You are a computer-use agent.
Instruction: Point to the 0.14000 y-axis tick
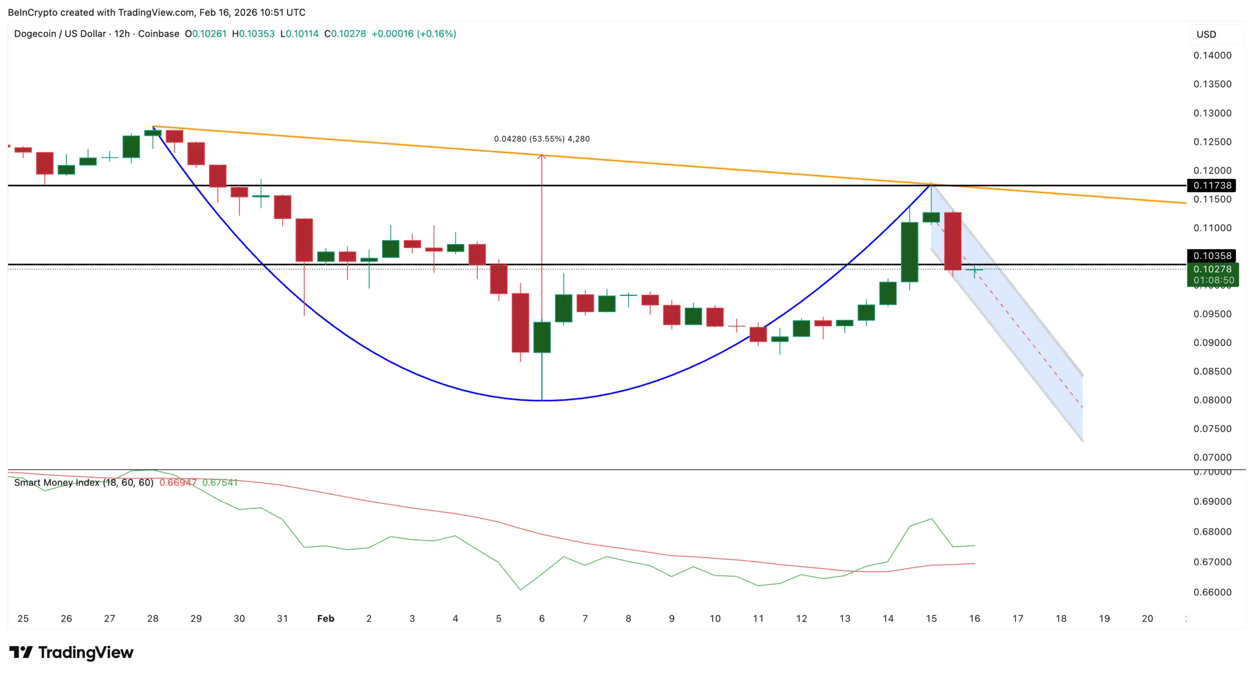1212,55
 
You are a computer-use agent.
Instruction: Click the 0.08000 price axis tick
1212,400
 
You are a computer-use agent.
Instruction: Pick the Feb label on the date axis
325,618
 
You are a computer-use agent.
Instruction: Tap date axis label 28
153,618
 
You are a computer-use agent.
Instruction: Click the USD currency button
1206,34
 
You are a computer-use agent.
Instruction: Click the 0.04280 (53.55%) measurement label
541,139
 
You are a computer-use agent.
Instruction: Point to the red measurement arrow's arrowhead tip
541,155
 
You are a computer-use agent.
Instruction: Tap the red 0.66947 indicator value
178,483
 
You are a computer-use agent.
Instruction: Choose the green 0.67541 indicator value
219,483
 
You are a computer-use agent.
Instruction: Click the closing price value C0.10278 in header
345,34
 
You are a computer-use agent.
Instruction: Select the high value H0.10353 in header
253,34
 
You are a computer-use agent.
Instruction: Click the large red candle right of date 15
952,241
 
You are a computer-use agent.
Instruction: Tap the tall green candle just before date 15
909,252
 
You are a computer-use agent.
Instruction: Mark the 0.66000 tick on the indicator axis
1212,592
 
